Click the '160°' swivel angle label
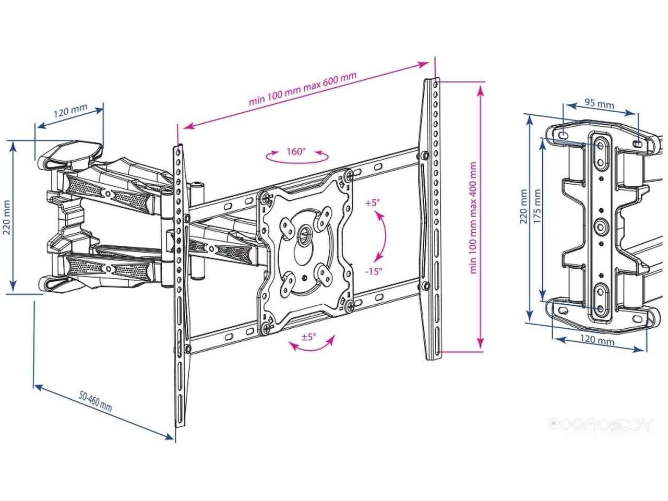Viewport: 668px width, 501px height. pyautogui.click(x=295, y=151)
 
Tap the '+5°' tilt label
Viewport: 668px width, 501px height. pyautogui.click(x=373, y=202)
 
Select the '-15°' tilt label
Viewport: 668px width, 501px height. pyautogui.click(x=374, y=271)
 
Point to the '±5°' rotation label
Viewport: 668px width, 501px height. pyautogui.click(x=308, y=337)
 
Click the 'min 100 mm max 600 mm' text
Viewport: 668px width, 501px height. pyautogui.click(x=303, y=89)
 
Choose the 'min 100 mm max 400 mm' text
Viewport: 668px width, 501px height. pyautogui.click(x=473, y=218)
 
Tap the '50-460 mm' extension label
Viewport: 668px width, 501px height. pyautogui.click(x=96, y=401)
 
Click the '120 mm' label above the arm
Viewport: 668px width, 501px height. pyautogui.click(x=70, y=111)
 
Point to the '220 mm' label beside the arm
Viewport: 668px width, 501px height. pyautogui.click(x=6, y=217)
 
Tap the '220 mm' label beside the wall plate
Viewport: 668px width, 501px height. pyautogui.click(x=523, y=206)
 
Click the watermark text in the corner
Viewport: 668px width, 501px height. pyautogui.click(x=600, y=424)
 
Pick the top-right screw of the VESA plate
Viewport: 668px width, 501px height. pyautogui.click(x=349, y=175)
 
